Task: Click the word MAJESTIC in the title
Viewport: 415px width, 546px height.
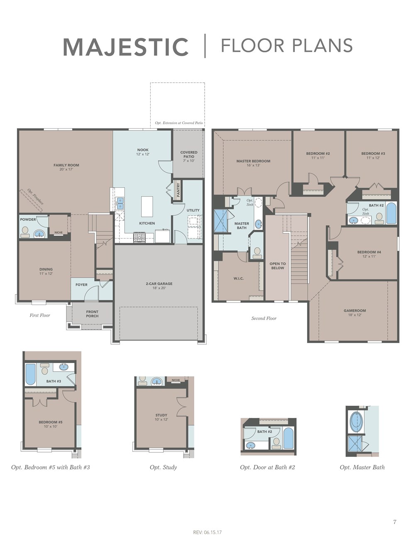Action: (x=126, y=46)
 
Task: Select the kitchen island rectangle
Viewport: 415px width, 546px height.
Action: (x=147, y=206)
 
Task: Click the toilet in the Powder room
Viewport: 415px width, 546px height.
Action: (x=25, y=231)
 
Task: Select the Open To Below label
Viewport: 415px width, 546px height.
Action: (x=278, y=266)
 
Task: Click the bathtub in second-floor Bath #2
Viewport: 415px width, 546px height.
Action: (x=391, y=213)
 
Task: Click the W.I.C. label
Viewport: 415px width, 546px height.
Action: (x=238, y=278)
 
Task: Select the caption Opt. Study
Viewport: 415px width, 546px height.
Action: (x=163, y=467)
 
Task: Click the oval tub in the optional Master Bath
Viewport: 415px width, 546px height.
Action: (x=356, y=422)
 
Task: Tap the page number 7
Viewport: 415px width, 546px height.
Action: (x=395, y=522)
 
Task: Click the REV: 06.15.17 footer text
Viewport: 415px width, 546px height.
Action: (x=207, y=532)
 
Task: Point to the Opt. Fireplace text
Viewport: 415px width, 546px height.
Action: (x=35, y=197)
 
